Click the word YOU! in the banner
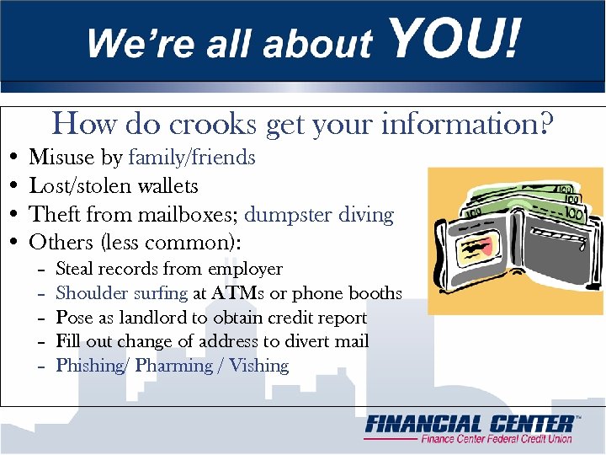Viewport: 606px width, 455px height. click(454, 40)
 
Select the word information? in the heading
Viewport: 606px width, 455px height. click(467, 125)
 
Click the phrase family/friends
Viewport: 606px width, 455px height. click(192, 157)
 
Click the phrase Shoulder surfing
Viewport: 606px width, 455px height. click(122, 293)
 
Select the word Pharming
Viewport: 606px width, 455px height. click(173, 366)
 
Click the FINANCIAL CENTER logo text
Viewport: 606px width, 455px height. click(471, 424)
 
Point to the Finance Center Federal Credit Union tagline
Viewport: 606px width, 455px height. click(497, 439)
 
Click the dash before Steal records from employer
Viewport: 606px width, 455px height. click(41, 270)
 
